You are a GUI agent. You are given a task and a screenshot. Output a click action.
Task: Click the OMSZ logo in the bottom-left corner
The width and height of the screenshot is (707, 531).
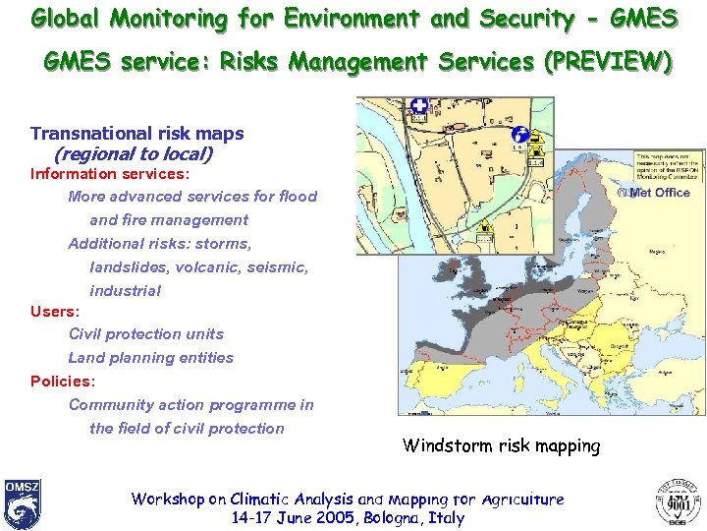(x=22, y=503)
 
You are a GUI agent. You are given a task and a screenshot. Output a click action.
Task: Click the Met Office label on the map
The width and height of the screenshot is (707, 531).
(x=659, y=192)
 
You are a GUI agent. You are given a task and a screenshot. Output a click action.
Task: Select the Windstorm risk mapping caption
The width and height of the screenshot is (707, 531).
(x=501, y=445)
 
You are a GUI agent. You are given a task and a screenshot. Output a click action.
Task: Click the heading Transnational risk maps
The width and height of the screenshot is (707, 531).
(x=136, y=134)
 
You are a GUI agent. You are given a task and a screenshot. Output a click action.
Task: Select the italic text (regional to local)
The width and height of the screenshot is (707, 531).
(x=133, y=153)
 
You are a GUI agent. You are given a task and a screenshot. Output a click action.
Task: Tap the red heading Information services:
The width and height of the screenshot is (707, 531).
(x=109, y=174)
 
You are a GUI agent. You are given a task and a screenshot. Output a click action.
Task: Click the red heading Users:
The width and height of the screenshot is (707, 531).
(x=55, y=312)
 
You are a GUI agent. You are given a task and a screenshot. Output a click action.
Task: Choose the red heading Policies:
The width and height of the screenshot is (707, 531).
(x=63, y=382)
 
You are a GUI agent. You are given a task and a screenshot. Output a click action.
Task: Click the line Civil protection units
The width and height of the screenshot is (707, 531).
(x=145, y=334)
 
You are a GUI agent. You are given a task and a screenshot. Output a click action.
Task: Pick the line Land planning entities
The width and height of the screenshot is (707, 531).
(x=150, y=358)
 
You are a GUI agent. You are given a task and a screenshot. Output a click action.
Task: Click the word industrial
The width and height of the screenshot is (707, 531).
(x=125, y=291)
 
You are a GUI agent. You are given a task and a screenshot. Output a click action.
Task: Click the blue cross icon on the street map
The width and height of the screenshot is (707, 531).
(x=419, y=106)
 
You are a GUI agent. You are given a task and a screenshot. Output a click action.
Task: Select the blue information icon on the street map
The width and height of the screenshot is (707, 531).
(x=520, y=137)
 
